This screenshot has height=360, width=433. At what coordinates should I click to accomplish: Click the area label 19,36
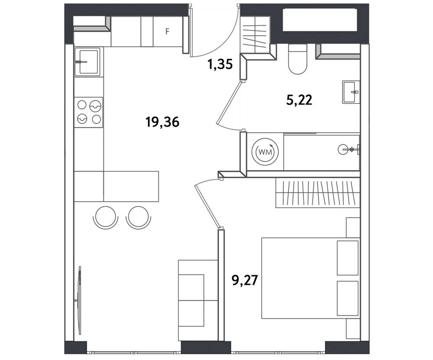(162, 122)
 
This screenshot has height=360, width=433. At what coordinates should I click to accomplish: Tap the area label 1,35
(220, 64)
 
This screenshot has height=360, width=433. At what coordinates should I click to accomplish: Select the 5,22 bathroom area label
(299, 100)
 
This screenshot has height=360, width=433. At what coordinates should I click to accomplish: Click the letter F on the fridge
(167, 32)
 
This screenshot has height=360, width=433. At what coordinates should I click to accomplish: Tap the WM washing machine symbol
(265, 151)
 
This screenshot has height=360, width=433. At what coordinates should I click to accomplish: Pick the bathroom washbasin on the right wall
(351, 92)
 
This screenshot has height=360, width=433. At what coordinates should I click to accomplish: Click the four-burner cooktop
(89, 112)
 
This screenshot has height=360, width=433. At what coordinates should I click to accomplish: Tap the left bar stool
(106, 217)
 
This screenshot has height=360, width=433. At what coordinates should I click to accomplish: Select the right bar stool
(139, 217)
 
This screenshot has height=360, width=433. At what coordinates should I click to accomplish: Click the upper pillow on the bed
(348, 258)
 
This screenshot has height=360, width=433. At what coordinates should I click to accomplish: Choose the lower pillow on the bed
(348, 298)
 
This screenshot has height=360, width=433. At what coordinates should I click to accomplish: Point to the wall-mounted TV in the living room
(79, 300)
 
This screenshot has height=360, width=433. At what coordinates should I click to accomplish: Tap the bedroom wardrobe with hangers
(318, 193)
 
